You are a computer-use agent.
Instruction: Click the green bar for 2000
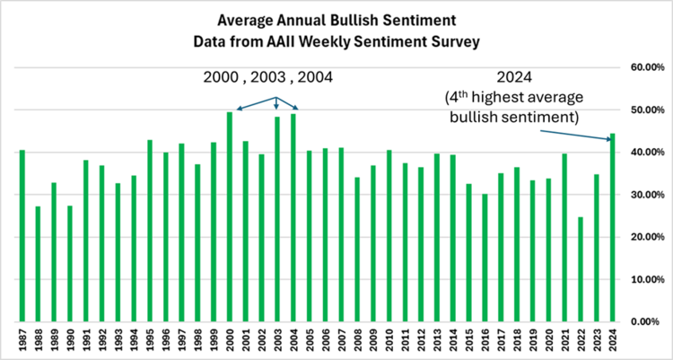(x=230, y=216)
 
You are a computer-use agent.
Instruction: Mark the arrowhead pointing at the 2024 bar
(x=608, y=138)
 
